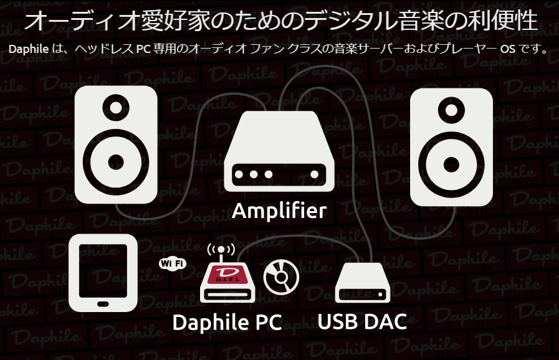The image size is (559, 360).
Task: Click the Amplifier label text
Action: click(x=279, y=211)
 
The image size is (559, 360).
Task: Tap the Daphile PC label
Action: click(x=227, y=323)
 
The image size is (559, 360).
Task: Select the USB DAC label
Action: click(x=362, y=322)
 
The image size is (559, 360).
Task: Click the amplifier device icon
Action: click(x=279, y=153)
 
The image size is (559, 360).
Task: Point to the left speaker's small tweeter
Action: click(x=116, y=107)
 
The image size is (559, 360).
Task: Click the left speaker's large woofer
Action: click(x=116, y=161)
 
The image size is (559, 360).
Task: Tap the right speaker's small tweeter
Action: click(x=451, y=111)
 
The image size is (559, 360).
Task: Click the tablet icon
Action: click(x=103, y=272)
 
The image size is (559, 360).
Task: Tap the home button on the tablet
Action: click(x=103, y=304)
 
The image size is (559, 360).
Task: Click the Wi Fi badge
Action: click(x=173, y=263)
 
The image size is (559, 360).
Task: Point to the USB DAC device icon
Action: click(x=362, y=283)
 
